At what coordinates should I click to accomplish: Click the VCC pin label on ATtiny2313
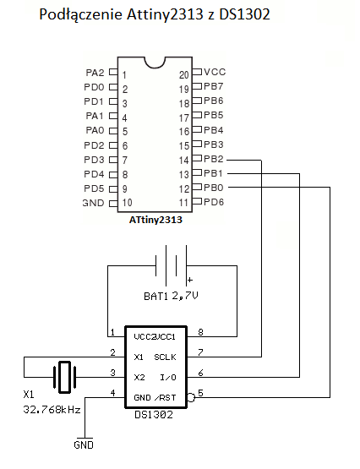(214, 73)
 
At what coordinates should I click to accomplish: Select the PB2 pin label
(214, 159)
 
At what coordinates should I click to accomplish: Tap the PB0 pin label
(214, 188)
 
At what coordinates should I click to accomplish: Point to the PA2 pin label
(95, 74)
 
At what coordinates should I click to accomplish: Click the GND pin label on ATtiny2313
(93, 203)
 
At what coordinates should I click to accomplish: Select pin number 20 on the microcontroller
(184, 74)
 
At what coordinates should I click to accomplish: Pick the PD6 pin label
(214, 202)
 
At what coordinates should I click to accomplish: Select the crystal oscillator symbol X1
(65, 376)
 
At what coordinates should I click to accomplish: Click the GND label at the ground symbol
(85, 444)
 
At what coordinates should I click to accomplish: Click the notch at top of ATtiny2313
(155, 62)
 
